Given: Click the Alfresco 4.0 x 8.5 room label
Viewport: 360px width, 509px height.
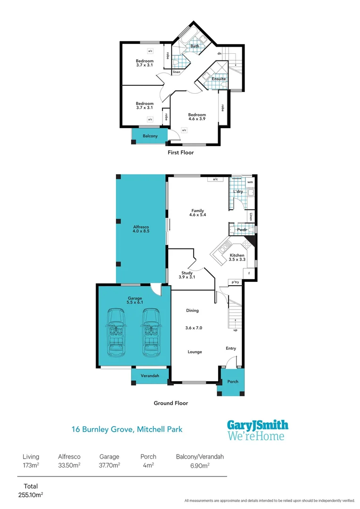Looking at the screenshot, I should (x=141, y=229).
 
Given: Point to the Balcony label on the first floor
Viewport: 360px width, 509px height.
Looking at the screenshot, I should (x=150, y=136).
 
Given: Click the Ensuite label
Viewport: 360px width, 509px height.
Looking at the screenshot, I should (x=218, y=79).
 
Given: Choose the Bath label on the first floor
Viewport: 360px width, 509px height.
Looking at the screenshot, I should (x=195, y=46).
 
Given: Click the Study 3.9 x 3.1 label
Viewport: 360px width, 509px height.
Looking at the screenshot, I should (x=187, y=275).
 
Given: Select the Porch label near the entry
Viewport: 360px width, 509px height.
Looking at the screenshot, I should (x=232, y=382).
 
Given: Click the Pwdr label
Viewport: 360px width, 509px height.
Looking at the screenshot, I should (x=242, y=230).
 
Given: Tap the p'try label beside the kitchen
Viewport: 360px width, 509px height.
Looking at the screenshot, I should (x=235, y=282).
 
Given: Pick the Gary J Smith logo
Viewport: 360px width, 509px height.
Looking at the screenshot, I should (x=257, y=430).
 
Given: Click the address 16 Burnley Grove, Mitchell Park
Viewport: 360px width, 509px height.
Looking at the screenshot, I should (x=127, y=429).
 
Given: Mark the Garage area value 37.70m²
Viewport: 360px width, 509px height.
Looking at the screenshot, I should (x=109, y=465).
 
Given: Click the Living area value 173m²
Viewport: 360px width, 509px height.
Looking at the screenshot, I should (x=31, y=465).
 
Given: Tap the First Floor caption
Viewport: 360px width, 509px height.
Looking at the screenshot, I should (x=180, y=153).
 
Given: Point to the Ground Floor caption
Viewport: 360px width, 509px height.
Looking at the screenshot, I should (x=171, y=403).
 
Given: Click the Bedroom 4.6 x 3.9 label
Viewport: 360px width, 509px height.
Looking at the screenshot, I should (x=197, y=117).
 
